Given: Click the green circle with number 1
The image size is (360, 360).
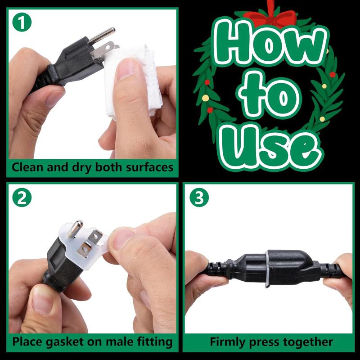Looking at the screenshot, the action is tap(22, 22).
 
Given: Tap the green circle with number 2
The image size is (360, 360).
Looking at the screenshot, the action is tap(22, 198).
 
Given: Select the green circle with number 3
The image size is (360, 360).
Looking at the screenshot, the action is tap(199, 198).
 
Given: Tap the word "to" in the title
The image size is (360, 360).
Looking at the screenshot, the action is tap(269, 96).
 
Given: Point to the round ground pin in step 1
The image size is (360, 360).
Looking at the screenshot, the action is tap(102, 35).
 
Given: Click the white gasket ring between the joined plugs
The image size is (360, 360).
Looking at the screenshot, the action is tap(267, 269).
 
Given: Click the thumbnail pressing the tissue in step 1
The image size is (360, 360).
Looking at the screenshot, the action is tap(126, 69).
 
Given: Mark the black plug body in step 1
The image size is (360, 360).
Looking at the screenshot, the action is tap(73, 62).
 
